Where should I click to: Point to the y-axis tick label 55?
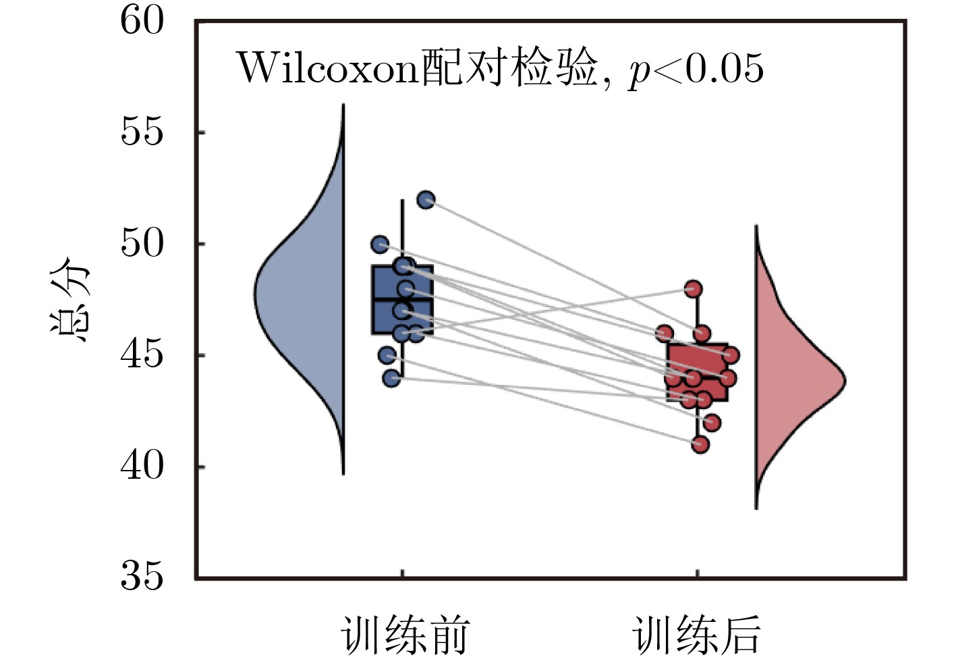142,132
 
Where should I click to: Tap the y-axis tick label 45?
142,355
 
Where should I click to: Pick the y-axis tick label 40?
142,467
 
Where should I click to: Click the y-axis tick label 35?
142,578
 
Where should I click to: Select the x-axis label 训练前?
403,635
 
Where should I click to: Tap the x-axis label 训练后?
696,635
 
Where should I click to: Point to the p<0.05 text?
696,69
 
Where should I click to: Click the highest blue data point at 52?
426,200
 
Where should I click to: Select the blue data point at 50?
381,244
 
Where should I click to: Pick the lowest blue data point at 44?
392,378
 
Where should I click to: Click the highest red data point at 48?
693,289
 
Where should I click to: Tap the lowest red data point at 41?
700,444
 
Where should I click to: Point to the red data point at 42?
712,423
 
